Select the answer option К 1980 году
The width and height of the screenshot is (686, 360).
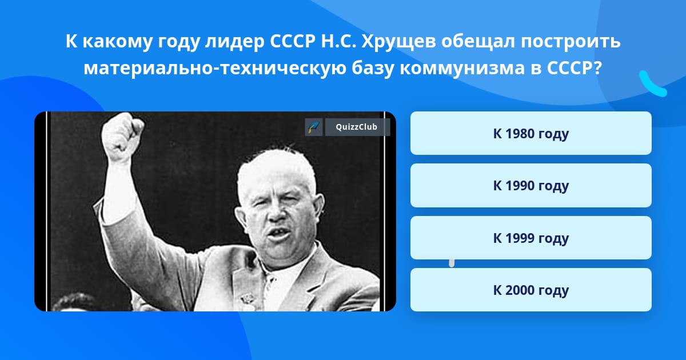coord(531,133)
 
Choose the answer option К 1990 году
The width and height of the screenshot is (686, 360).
coord(531,186)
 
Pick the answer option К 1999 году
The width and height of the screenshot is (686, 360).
coord(531,238)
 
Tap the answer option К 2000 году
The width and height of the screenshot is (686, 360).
coord(531,290)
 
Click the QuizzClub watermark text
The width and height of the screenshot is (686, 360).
coord(356,127)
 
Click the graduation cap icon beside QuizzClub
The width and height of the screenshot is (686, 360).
coord(314,127)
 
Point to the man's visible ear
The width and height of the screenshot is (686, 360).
coord(318,208)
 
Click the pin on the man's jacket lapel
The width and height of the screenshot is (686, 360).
coord(246,298)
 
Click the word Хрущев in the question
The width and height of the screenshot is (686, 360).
coord(398,41)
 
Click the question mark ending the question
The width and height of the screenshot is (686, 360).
coord(597,68)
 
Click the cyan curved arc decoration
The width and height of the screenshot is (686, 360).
coord(651,85)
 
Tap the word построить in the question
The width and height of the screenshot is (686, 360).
coord(571,42)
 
